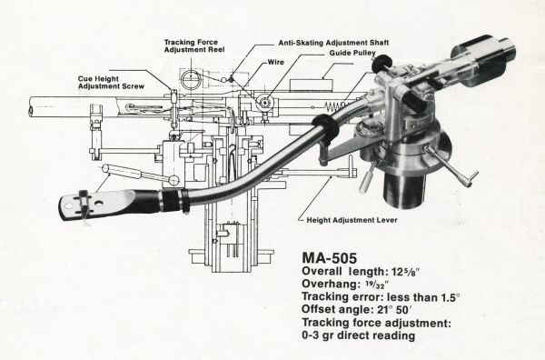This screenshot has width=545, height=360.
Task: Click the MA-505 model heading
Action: pyautogui.click(x=329, y=258)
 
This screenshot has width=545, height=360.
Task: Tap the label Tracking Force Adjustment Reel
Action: pyautogui.click(x=194, y=46)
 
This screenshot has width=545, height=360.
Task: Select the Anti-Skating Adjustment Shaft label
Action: pyautogui.click(x=333, y=43)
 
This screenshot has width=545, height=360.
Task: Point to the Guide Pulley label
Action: pyautogui.click(x=352, y=53)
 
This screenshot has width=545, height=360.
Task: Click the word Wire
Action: pyautogui.click(x=275, y=62)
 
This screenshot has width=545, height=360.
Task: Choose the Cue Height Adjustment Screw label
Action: pyautogui.click(x=111, y=83)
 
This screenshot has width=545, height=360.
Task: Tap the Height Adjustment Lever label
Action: pyautogui.click(x=352, y=220)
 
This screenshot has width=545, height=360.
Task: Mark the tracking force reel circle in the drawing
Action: pyautogui.click(x=191, y=79)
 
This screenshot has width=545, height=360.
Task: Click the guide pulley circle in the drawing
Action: pyautogui.click(x=265, y=102)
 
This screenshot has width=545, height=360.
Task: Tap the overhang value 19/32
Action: pyautogui.click(x=377, y=285)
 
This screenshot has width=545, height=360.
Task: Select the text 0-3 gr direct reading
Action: pyautogui.click(x=359, y=335)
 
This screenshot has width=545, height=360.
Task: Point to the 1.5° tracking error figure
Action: pyautogui.click(x=451, y=297)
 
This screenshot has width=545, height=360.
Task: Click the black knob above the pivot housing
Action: pyautogui.click(x=382, y=63)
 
